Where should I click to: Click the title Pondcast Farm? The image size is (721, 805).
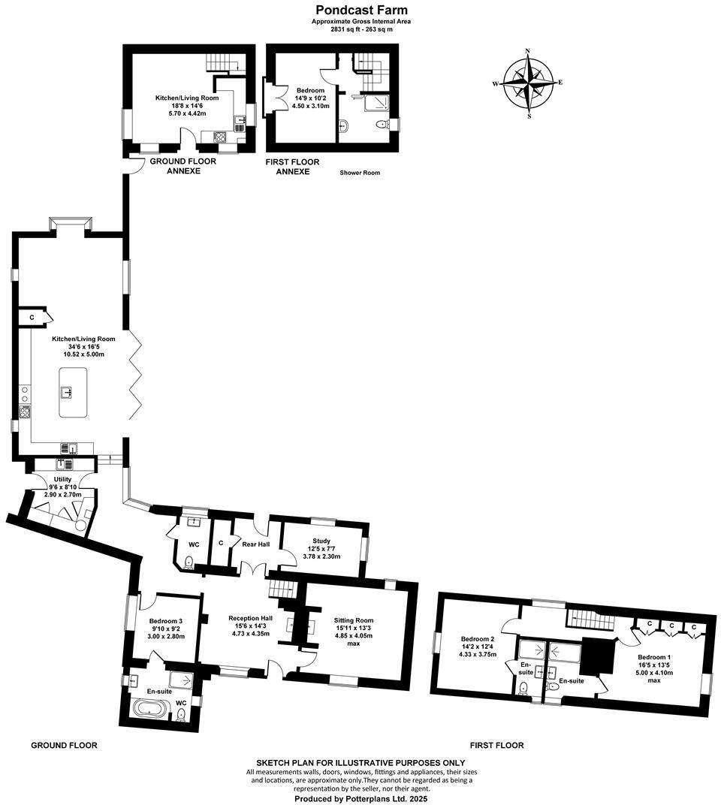click(x=361, y=10)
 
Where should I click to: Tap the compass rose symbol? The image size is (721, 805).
click(x=529, y=83)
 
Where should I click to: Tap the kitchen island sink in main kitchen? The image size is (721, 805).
click(x=66, y=391)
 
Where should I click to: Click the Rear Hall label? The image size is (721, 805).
click(x=255, y=544)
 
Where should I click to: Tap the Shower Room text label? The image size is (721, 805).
click(x=360, y=173)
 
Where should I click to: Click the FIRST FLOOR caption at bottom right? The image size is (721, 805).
click(x=496, y=746)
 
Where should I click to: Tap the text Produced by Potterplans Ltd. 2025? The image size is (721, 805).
click(x=360, y=800)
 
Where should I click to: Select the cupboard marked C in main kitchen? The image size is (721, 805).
click(x=32, y=318)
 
